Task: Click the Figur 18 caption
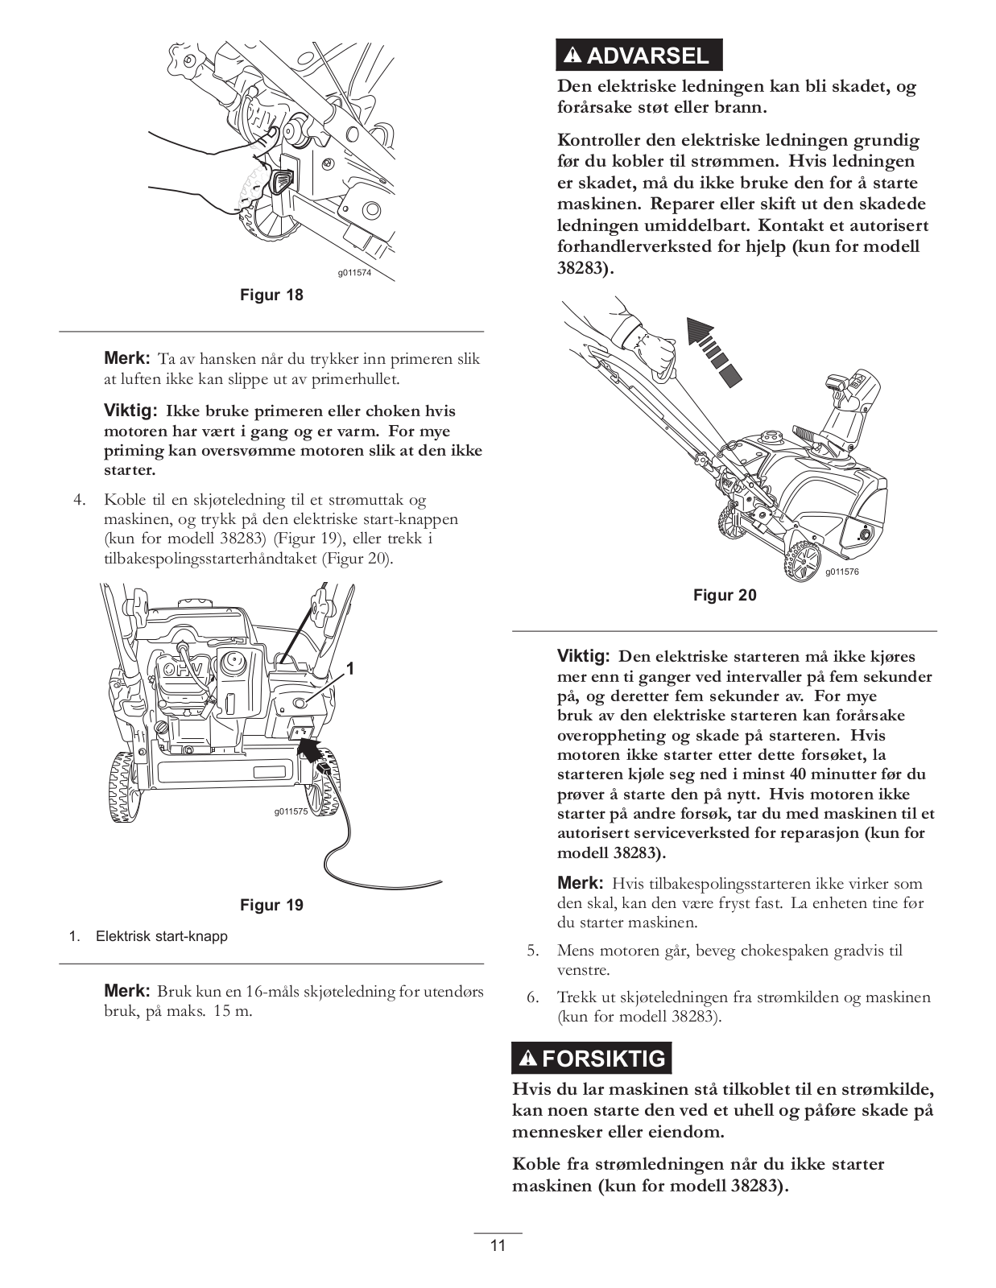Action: [272, 295]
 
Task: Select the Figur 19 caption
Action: [272, 905]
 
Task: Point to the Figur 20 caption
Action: [725, 595]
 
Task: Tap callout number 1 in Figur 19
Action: [351, 668]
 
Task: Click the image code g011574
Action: [354, 273]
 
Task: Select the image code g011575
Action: [291, 811]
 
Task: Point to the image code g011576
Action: [842, 572]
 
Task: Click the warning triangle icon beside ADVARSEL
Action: [572, 56]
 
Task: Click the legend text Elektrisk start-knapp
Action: [162, 936]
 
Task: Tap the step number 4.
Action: [79, 500]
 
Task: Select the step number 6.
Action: [532, 997]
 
